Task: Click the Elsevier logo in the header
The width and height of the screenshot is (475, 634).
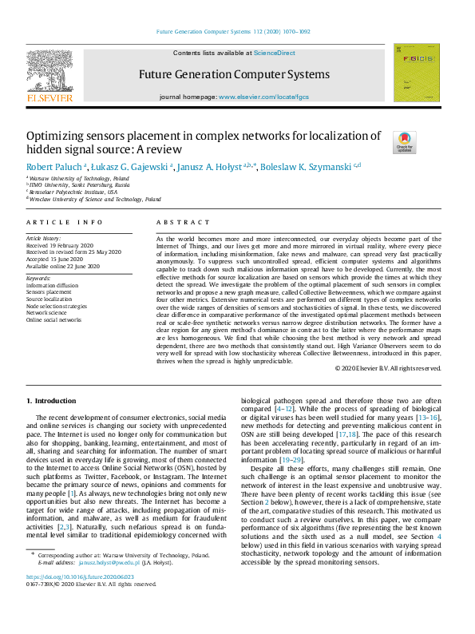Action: pyautogui.click(x=49, y=76)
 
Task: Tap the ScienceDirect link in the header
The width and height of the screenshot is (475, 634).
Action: pyautogui.click(x=274, y=53)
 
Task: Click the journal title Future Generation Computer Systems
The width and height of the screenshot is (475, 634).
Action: pyautogui.click(x=233, y=75)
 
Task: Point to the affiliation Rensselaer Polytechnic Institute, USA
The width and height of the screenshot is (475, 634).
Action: pyautogui.click(x=73, y=192)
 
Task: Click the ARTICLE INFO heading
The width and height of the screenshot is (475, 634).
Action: pyautogui.click(x=65, y=221)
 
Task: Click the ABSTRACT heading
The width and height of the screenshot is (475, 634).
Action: pyautogui.click(x=178, y=221)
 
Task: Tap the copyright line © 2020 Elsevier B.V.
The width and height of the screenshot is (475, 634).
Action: pyautogui.click(x=388, y=368)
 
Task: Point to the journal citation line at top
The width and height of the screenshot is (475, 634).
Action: pyautogui.click(x=237, y=33)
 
